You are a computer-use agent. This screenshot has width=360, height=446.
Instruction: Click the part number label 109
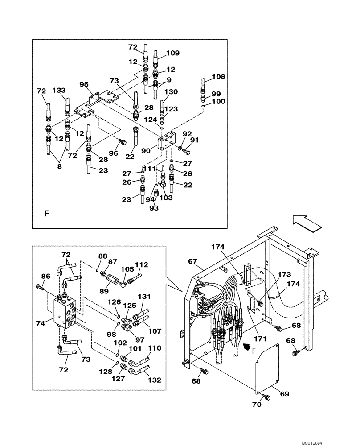pyautogui.click(x=173, y=53)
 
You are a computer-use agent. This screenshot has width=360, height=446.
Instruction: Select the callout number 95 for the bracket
pyautogui.click(x=84, y=84)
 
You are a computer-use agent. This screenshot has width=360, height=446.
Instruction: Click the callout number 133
pyautogui.click(x=59, y=91)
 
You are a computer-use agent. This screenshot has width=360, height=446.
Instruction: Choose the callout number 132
pyautogui.click(x=154, y=380)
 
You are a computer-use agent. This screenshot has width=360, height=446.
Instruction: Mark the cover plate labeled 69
pyautogui.click(x=266, y=368)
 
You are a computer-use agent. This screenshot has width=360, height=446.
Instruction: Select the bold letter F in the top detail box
pyautogui.click(x=46, y=214)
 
